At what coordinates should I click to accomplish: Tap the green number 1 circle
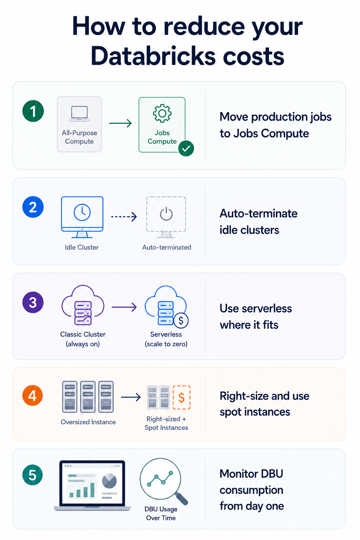[x=33, y=111]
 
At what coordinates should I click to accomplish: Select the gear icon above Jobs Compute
[x=162, y=113]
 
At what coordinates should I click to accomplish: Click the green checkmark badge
[x=186, y=148]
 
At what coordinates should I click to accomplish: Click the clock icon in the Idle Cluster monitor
[x=82, y=212]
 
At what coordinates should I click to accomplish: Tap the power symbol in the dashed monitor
[x=166, y=214]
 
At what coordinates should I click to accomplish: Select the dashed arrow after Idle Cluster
[x=124, y=217]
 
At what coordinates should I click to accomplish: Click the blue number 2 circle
[x=33, y=207]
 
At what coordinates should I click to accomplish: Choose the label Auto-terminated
[x=167, y=247]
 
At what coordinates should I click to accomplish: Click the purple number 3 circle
[x=33, y=302]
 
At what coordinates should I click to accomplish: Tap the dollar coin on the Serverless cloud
[x=181, y=321]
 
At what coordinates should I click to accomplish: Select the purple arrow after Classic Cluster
[x=124, y=307]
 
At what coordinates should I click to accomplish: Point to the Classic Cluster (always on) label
[x=83, y=339]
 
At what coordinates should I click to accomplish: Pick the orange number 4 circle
[x=33, y=396]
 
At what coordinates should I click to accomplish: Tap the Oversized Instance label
[x=88, y=422]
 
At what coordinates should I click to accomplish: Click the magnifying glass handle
[x=181, y=498]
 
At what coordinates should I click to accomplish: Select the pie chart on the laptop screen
[x=109, y=481]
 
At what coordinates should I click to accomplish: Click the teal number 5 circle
[x=33, y=475]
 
